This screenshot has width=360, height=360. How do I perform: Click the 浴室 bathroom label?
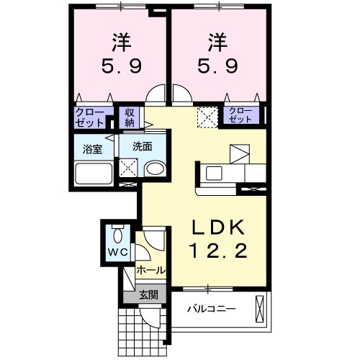point(92,150)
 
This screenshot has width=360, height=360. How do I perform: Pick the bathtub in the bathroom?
point(94,174)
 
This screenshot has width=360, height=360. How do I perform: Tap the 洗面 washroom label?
point(142,145)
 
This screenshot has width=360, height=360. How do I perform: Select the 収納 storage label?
point(130,117)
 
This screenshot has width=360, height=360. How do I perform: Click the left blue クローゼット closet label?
point(91,117)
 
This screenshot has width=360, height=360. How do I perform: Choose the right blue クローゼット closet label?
point(240,115)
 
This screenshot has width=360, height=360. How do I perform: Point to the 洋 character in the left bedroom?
point(120,40)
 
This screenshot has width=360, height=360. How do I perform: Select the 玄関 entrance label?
point(145,294)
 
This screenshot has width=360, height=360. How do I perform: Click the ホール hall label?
point(150,271)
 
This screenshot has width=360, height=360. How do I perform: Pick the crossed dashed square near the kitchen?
point(207,117)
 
